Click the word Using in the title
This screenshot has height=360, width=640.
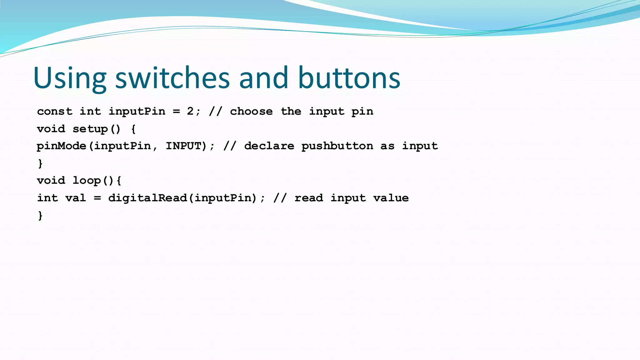click(69, 78)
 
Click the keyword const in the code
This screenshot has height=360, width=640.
click(55, 112)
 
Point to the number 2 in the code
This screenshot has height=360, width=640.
click(190, 111)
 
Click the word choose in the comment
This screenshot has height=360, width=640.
click(251, 112)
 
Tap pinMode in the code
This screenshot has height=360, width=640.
click(61, 146)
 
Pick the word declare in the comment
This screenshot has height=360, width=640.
click(269, 146)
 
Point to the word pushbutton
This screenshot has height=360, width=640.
click(337, 146)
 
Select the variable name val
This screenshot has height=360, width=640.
click(76, 198)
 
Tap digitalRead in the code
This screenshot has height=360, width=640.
click(147, 198)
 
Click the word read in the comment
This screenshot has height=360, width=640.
click(309, 198)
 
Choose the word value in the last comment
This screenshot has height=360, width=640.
click(391, 198)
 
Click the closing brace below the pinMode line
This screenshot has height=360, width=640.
click(40, 163)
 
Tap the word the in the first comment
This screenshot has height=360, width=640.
click(291, 112)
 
